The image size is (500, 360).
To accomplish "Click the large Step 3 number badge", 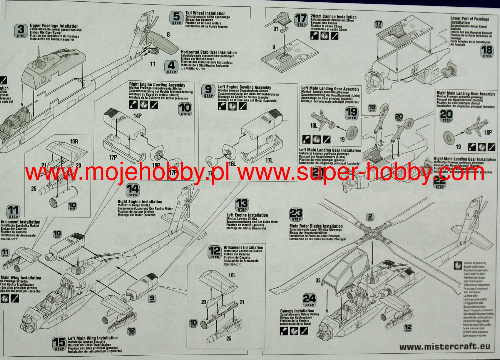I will [x=21, y=31].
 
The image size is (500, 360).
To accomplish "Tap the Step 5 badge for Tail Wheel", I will [x=177, y=18].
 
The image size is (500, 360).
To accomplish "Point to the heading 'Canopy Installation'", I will [x=297, y=311].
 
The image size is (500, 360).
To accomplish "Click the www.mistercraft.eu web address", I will [x=445, y=346].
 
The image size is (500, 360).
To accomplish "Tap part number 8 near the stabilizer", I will [x=168, y=35].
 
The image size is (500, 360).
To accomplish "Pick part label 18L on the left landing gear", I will [x=313, y=126].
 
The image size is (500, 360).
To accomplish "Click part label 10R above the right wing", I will [x=74, y=142].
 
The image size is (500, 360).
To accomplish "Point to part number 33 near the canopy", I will [x=318, y=280].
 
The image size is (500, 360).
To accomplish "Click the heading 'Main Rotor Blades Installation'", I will [x=316, y=226].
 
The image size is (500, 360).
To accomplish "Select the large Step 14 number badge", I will [x=133, y=190].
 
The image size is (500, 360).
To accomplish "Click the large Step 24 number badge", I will [x=309, y=300].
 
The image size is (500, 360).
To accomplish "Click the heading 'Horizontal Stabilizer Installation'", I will [x=209, y=52].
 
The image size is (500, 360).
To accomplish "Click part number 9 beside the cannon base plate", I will [x=273, y=47].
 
